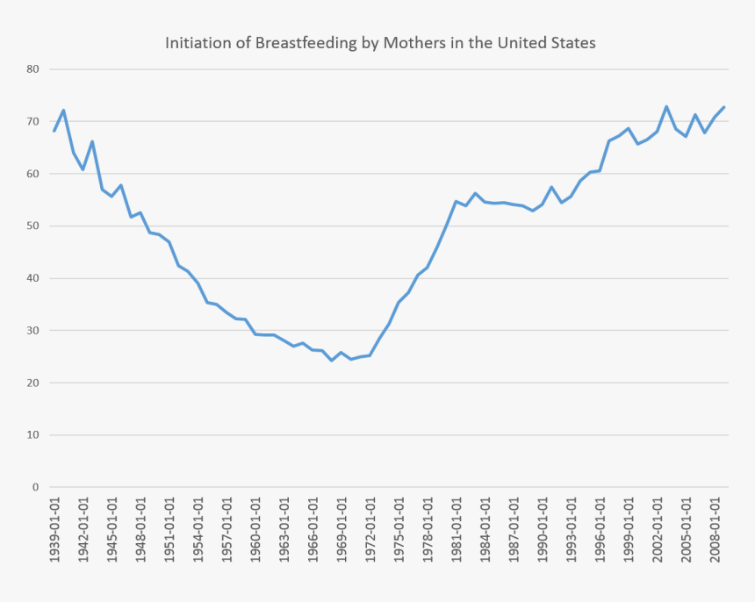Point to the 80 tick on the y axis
point(33,69)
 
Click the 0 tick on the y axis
point(36,487)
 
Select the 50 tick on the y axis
point(33,226)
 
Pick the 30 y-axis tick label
point(33,331)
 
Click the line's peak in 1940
point(64,111)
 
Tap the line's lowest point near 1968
point(332,361)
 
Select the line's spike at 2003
point(666,106)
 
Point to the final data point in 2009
point(724,107)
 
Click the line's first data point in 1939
point(54,132)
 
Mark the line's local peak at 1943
point(92,141)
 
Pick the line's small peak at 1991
point(551,187)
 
